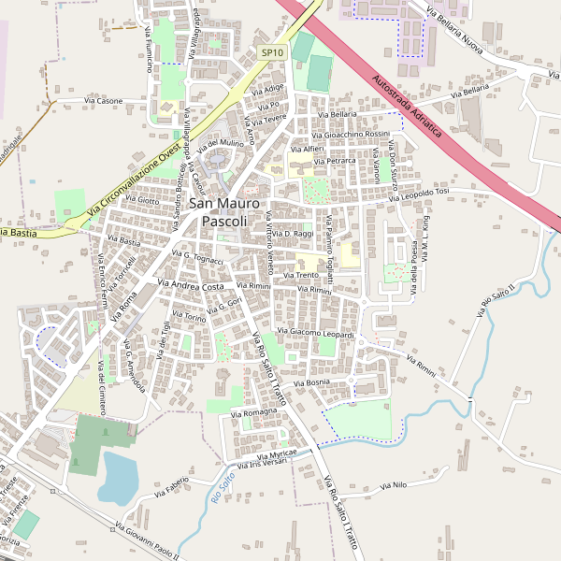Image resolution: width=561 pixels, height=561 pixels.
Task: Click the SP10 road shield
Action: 272,53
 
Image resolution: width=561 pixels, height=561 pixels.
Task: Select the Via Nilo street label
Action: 395,485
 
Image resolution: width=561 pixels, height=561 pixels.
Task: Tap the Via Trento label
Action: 307,275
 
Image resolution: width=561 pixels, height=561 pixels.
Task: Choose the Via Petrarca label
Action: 336,161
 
